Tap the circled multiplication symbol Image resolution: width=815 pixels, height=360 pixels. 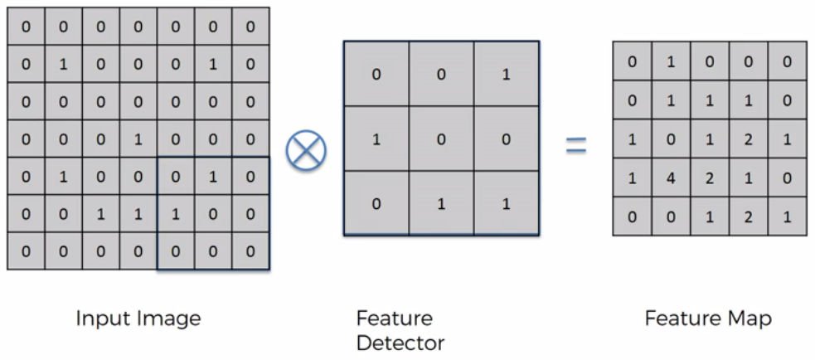306,150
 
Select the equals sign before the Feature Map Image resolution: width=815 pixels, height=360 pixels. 576,146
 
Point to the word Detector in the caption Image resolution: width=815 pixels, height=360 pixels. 400,343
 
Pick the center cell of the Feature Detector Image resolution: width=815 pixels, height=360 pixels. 441,139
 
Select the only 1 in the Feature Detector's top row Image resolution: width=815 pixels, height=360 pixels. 506,74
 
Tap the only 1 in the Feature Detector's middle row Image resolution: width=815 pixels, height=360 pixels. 376,139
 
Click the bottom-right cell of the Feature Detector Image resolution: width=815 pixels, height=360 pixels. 506,203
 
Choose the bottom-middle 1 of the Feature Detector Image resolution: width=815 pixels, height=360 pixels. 441,203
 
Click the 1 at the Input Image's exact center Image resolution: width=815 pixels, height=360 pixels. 138,139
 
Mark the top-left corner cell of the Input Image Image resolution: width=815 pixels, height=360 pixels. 25,27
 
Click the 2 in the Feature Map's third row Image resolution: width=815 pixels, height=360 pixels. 749,139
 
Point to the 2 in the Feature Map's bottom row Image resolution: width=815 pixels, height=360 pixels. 749,216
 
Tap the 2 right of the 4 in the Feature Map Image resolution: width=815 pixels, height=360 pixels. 710,178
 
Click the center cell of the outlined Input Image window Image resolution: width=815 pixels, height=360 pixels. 212,214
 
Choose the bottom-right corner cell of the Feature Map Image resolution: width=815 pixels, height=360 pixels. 787,216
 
